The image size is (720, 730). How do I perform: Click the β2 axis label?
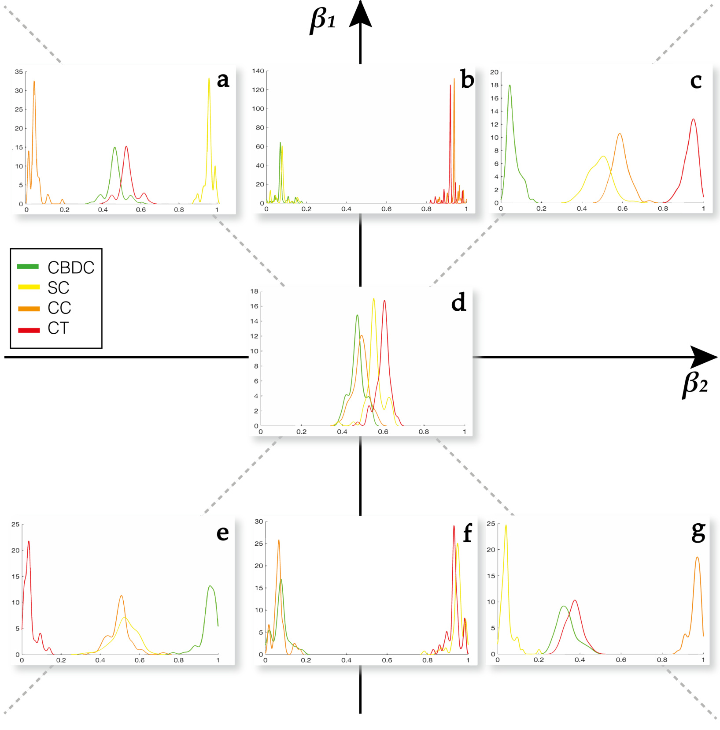[x=695, y=384]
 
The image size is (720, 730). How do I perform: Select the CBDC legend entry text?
[x=71, y=268]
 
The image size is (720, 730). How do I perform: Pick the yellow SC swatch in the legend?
[x=29, y=287]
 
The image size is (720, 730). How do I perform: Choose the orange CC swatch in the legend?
[x=29, y=309]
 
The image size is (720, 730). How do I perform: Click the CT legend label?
[x=58, y=328]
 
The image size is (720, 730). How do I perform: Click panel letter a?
[x=223, y=80]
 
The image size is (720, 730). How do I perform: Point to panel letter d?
[x=458, y=303]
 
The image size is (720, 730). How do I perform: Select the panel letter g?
[x=698, y=532]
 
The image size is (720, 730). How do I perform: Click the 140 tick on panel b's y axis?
[x=258, y=71]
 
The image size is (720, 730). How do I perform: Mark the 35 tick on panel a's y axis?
[x=18, y=72]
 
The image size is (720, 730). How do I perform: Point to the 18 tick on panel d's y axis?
[x=254, y=291]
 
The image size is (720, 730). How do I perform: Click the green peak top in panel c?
[x=510, y=86]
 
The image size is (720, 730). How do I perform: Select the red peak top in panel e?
[x=29, y=542]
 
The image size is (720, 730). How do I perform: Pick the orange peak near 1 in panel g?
[x=697, y=558]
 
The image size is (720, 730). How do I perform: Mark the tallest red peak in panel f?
[x=454, y=526]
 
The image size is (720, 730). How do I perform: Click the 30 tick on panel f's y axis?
[x=259, y=521]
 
